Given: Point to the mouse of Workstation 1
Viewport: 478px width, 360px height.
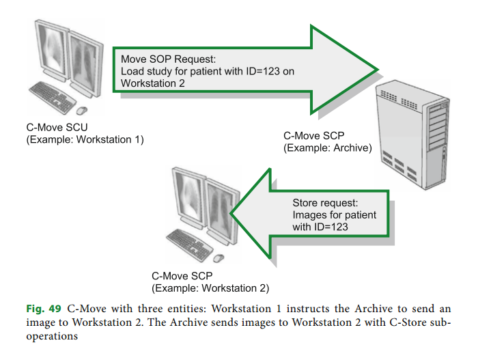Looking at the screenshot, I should (x=83, y=110).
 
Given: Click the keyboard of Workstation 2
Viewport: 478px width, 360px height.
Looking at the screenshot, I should (x=189, y=243).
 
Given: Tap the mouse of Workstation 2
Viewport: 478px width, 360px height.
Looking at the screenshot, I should (x=219, y=258).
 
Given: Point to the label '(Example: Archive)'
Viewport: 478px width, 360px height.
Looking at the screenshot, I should (x=327, y=148).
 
